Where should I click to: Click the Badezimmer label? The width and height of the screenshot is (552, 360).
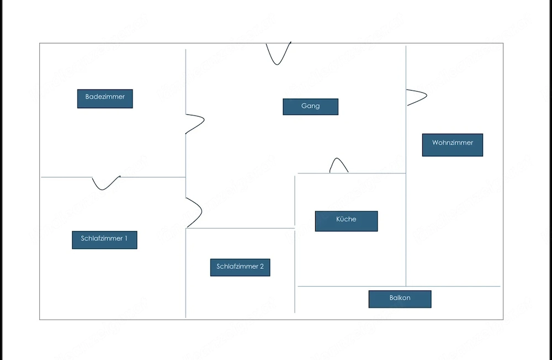point(105,99)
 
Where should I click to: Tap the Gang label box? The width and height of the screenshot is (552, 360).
point(310,107)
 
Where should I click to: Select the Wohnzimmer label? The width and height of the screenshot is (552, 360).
point(453,145)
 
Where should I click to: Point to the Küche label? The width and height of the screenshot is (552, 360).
point(347,221)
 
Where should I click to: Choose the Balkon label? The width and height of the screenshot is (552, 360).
point(400,299)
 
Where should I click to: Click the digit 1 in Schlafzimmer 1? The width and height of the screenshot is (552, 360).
point(126,239)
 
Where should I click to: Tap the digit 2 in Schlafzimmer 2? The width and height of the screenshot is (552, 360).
point(262,267)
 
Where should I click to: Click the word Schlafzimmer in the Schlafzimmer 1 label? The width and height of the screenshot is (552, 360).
point(102,239)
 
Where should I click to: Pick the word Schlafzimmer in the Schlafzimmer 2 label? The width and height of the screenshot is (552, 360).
point(237,267)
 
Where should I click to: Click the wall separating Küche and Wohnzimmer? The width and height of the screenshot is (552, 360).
point(406,230)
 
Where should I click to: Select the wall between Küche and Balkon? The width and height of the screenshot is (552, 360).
point(352,287)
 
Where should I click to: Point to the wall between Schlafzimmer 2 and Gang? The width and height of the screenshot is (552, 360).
point(240,228)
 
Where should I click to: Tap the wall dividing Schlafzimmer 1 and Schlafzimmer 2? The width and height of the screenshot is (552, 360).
point(185,273)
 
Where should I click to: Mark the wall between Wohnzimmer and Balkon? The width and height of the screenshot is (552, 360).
point(453,287)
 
